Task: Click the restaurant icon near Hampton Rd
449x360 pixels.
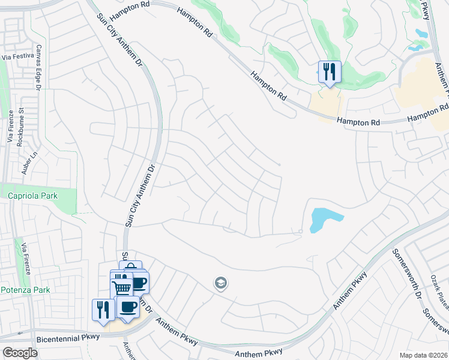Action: [x=329, y=73]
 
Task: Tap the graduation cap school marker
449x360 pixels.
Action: [x=221, y=283]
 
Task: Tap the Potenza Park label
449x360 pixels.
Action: [x=25, y=289]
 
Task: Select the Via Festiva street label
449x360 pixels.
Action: [x=16, y=58]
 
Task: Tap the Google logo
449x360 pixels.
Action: [x=20, y=352]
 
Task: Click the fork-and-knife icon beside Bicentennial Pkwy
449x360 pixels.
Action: [x=103, y=310]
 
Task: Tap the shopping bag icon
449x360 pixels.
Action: [x=131, y=269]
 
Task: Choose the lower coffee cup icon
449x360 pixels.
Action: [x=127, y=307]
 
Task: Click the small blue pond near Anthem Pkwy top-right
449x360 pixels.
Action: [x=415, y=45]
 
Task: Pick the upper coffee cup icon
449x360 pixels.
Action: [x=139, y=283]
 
